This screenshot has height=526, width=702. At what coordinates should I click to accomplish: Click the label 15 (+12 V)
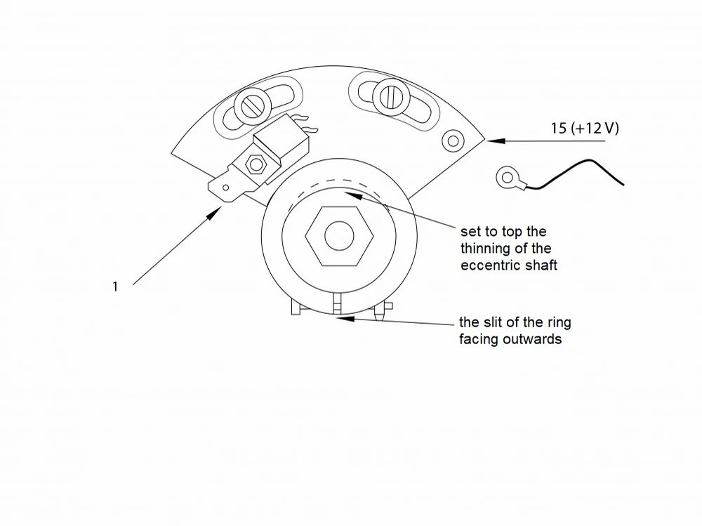pos(584,128)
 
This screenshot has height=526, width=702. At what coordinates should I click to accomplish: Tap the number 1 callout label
pos(115,287)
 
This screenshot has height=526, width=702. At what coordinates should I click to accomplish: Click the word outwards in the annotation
pos(532,338)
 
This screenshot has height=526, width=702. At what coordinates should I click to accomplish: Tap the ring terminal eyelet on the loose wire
pos(508,178)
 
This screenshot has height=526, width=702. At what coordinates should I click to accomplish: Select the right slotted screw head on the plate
pos(388,96)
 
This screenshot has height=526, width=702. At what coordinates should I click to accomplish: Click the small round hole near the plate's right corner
pos(453,141)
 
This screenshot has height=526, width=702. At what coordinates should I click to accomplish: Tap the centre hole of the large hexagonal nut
pos(339,236)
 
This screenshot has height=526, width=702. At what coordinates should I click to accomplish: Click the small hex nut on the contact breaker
pos(256,164)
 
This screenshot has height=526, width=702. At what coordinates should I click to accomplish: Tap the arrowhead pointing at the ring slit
pos(345,319)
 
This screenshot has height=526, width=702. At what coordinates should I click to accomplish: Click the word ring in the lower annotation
pos(559,323)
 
